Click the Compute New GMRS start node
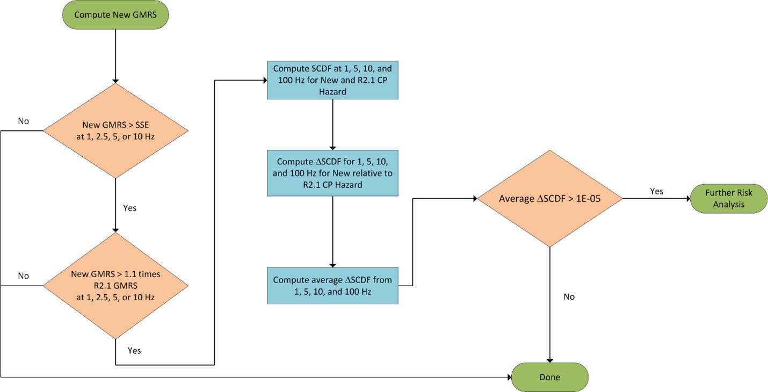[115, 14]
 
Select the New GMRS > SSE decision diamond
[115, 130]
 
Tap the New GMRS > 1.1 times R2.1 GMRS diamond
[115, 285]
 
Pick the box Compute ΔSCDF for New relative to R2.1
[332, 172]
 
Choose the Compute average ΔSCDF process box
[332, 285]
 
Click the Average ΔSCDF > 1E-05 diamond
[549, 199]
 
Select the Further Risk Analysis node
[729, 199]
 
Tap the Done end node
[549, 377]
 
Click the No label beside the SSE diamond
[23, 121]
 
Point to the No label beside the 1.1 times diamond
[23, 275]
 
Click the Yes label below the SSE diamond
[129, 208]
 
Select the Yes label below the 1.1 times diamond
[134, 350]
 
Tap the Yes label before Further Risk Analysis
[656, 191]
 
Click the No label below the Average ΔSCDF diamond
[569, 296]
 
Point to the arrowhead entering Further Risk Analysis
[687, 199]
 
